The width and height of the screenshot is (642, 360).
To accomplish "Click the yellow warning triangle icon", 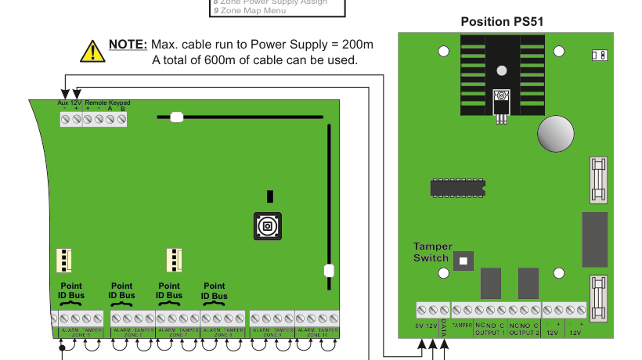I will click(x=92, y=52).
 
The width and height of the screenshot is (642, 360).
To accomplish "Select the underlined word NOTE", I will click(x=128, y=45).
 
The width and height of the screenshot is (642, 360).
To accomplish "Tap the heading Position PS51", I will click(x=501, y=22).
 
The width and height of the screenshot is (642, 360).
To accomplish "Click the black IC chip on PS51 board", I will click(x=457, y=187).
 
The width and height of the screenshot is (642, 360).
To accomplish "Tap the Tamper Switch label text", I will click(x=432, y=252).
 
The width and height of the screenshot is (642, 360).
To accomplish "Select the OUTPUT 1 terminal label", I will click(x=490, y=333).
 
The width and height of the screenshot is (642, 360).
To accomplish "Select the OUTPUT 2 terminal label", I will click(x=524, y=333).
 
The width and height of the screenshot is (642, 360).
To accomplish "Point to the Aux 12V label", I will click(x=69, y=103).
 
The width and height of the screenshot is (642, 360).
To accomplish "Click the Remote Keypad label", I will click(x=107, y=103).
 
